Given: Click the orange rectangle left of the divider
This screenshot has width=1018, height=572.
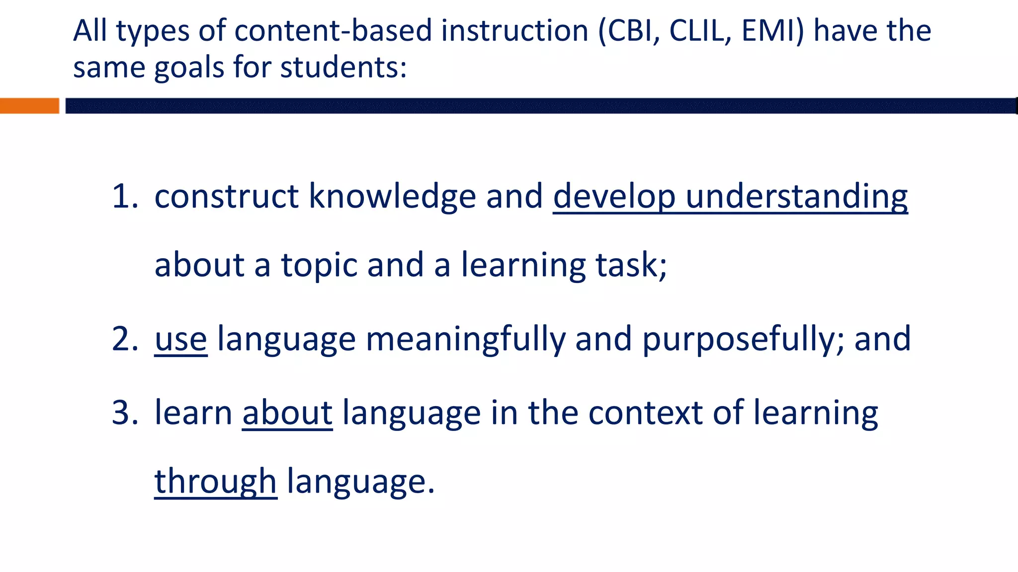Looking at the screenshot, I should (x=29, y=106).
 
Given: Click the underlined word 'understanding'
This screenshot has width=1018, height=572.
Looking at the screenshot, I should (x=796, y=197).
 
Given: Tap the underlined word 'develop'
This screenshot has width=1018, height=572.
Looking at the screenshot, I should (x=614, y=197).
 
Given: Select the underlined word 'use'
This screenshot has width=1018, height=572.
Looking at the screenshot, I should (x=180, y=340).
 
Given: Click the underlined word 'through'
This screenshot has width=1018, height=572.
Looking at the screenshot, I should (x=215, y=482).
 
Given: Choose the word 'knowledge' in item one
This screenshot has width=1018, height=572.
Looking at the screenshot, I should (x=392, y=197).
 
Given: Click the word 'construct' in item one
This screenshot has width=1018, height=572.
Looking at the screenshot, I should (x=227, y=197).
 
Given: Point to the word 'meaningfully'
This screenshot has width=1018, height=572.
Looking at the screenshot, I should (x=466, y=340).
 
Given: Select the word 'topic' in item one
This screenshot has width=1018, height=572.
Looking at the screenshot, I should (x=319, y=265).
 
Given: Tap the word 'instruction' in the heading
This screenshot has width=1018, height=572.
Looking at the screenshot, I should (x=515, y=31).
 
